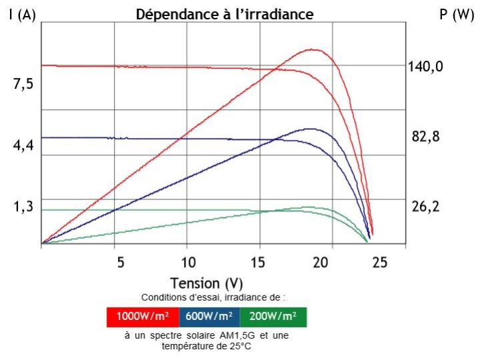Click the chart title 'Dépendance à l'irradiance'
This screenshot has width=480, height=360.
coord(224,14)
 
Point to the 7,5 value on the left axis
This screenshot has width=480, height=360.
coord(23,84)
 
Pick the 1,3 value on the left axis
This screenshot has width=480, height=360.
coord(23,207)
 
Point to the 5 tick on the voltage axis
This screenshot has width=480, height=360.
coord(120,262)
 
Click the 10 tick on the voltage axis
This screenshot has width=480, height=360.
coord(188,262)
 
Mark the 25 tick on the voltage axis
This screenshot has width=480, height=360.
coord(379,262)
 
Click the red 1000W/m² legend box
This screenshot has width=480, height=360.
coord(143,315)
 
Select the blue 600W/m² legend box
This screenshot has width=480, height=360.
coord(209,315)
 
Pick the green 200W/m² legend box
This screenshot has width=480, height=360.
coord(273,315)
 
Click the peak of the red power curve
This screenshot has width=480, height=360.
coord(311,49)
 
